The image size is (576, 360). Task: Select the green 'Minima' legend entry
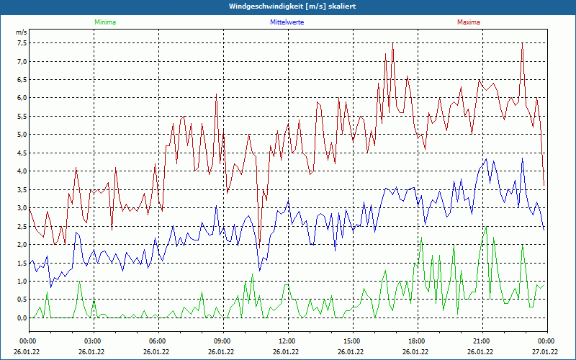click(104, 22)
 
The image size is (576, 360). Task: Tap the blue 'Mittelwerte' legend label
click(287, 22)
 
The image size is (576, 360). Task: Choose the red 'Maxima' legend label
click(469, 22)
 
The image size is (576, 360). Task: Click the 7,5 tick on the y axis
click(22, 42)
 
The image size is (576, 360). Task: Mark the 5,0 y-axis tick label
click(22, 135)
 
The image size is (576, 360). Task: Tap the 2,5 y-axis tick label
click(22, 226)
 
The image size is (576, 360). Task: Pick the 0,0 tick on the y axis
click(22, 318)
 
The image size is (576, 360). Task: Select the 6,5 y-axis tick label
click(22, 79)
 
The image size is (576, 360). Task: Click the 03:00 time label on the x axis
click(93, 341)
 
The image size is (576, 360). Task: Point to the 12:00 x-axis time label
click(287, 341)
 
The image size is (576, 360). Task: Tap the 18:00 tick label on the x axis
click(416, 341)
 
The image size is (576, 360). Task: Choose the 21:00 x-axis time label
click(481, 341)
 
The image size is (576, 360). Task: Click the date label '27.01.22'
click(545, 352)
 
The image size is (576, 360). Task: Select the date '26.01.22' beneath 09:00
click(221, 352)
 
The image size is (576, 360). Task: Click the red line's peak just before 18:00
click(393, 44)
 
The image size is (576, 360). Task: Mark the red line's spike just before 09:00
click(216, 94)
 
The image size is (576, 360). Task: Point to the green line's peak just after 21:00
click(487, 227)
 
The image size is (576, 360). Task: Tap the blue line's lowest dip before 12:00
click(259, 271)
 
